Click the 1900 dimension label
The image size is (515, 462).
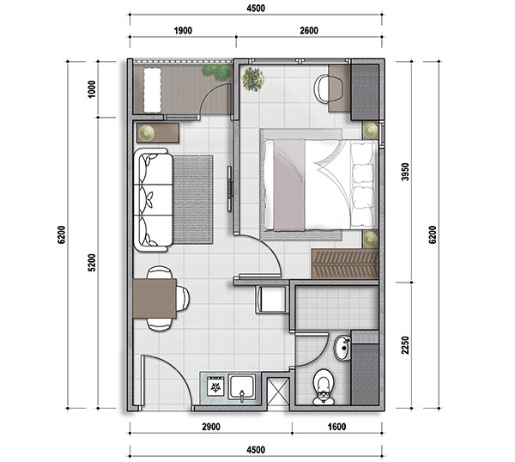pyautogui.click(x=183, y=31)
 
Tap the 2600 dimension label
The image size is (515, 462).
pyautogui.click(x=309, y=31)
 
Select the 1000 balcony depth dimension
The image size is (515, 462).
pyautogui.click(x=92, y=88)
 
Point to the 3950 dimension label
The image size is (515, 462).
pyautogui.click(x=406, y=172)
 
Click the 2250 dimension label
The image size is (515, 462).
pyautogui.click(x=406, y=345)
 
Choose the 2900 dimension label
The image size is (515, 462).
pyautogui.click(x=211, y=427)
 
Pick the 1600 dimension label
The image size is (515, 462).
pyautogui.click(x=337, y=427)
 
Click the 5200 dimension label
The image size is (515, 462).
pyautogui.click(x=92, y=263)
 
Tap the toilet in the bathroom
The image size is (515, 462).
pyautogui.click(x=324, y=386)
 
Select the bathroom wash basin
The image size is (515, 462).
pyautogui.click(x=342, y=348)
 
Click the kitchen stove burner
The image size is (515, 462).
pyautogui.click(x=215, y=386)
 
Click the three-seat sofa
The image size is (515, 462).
pyautogui.click(x=153, y=200)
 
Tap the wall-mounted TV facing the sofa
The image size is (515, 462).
pyautogui.click(x=229, y=189)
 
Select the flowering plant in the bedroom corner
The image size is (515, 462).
pyautogui.click(x=253, y=79)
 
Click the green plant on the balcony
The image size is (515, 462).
pyautogui.click(x=217, y=73)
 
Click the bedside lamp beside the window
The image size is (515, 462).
pyautogui.click(x=371, y=131)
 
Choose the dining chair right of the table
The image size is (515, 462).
pyautogui.click(x=183, y=298)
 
